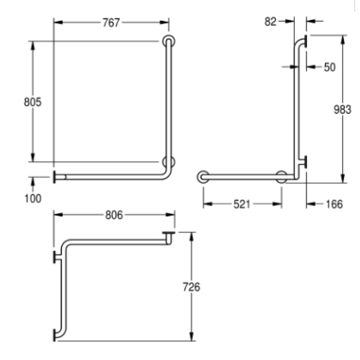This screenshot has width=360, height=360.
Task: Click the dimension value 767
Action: point(111,23)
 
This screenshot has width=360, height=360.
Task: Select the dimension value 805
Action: point(32,102)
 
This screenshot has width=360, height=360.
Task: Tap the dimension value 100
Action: point(33,198)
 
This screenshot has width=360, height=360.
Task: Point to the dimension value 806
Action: point(114,215)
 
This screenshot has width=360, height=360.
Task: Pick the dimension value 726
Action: point(191,287)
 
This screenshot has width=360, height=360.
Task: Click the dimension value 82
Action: point(270,22)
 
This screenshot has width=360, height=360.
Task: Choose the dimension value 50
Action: point(330,67)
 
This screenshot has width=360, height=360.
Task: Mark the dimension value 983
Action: point(342,109)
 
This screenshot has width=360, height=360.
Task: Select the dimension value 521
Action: point(242,204)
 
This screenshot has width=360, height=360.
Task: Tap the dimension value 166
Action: point(334,204)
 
